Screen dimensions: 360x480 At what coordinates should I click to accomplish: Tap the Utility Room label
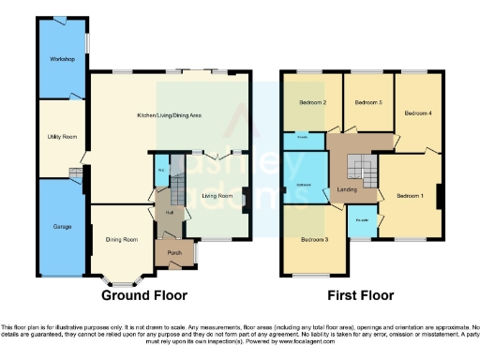[x=62, y=137]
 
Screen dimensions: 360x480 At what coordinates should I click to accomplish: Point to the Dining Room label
[x=120, y=240]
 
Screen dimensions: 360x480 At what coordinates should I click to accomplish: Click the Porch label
[x=174, y=253]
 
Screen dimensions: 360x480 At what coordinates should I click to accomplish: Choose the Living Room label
[x=217, y=195]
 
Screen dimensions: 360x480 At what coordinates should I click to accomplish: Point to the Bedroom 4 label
[x=417, y=112]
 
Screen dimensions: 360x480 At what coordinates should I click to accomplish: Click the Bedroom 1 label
[x=409, y=195]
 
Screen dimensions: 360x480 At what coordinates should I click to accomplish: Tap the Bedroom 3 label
[x=314, y=240]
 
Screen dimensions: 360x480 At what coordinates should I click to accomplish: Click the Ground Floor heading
[x=140, y=294]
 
